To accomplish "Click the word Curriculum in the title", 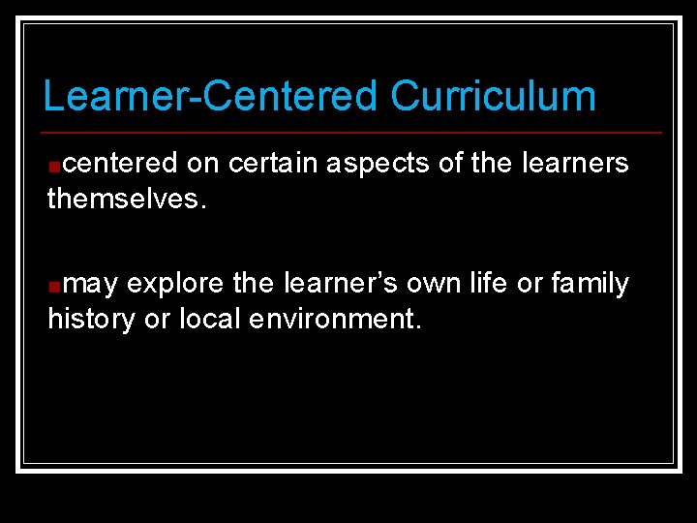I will point(493,97).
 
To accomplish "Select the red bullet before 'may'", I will point(54,286).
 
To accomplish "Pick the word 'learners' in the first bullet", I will point(575,164).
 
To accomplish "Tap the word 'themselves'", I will point(124,200).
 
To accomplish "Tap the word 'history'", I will point(91,320).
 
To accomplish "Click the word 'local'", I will point(210,319).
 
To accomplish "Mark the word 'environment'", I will point(334,319).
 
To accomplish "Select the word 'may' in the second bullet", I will point(93,285).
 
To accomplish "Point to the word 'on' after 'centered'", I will point(203,164).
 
